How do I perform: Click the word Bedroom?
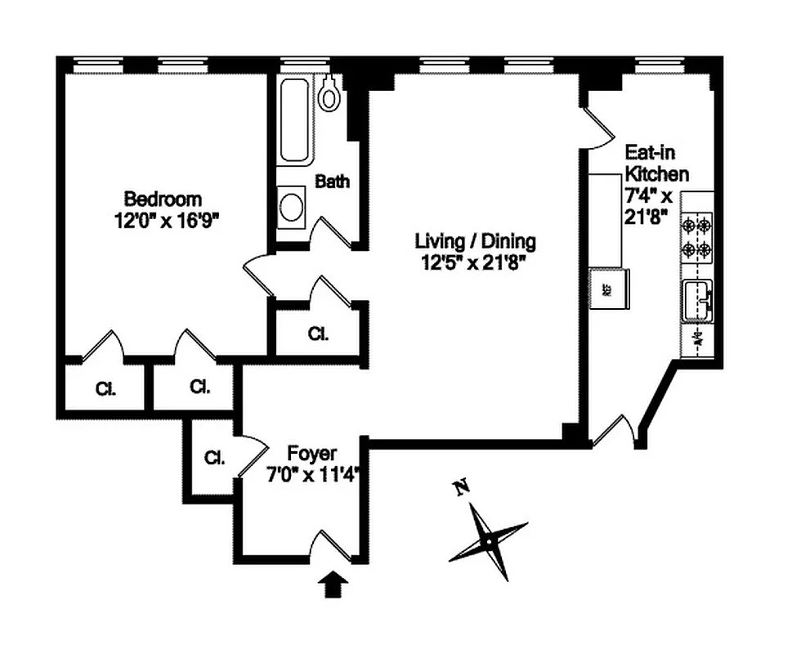tap(163, 199)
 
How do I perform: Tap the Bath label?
tap(332, 181)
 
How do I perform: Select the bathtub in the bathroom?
tap(295, 120)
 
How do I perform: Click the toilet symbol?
tap(329, 94)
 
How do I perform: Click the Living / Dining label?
tap(475, 241)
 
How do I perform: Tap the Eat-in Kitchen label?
tap(656, 163)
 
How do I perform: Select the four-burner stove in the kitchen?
tap(696, 236)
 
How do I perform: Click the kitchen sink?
tap(697, 300)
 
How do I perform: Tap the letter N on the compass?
tap(463, 489)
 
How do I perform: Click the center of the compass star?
tap(488, 540)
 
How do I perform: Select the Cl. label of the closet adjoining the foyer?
tap(214, 458)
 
